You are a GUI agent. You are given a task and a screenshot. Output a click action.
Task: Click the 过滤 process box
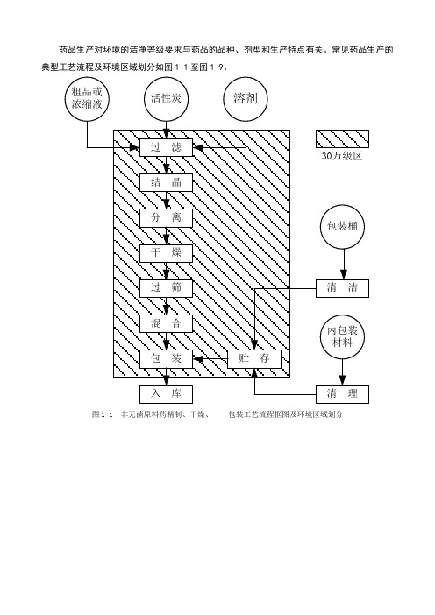[166, 147]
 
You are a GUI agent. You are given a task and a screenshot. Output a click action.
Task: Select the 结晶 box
[166, 182]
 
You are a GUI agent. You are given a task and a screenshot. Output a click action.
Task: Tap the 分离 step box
[166, 217]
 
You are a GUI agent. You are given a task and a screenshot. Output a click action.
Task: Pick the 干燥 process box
[166, 253]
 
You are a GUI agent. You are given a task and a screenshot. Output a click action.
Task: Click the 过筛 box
[166, 288]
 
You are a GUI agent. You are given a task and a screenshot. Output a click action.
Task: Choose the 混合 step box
[166, 323]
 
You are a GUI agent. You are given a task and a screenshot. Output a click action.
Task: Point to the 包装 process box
[166, 359]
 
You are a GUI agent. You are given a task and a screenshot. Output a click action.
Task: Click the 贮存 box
[254, 359]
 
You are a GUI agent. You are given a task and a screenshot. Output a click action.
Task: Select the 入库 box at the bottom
[166, 394]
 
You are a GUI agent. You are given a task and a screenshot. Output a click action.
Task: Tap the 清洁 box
[342, 288]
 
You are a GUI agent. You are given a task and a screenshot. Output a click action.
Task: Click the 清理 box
[342, 394]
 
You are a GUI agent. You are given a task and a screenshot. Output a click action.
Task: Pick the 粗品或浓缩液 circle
[87, 98]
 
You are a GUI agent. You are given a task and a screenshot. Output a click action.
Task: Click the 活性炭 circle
[166, 98]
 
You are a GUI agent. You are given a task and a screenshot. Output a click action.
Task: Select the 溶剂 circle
[246, 98]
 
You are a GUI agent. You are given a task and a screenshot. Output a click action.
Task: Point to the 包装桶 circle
[342, 227]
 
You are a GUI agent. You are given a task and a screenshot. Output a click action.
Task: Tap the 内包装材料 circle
[342, 336]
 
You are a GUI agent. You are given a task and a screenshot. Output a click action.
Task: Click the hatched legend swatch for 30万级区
[342, 138]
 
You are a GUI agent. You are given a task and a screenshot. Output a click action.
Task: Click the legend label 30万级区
[341, 156]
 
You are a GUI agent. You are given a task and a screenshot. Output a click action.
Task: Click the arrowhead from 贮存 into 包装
[198, 359]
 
